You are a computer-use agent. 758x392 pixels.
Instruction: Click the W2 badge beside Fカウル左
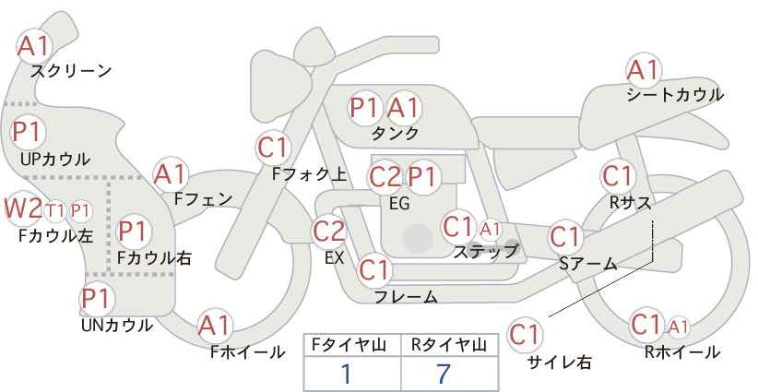[22, 208]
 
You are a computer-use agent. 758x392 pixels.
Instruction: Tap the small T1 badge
[54, 210]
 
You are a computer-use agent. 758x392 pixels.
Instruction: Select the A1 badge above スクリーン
[33, 46]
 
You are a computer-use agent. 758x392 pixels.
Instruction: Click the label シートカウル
[675, 95]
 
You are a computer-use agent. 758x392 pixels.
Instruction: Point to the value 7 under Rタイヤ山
[444, 374]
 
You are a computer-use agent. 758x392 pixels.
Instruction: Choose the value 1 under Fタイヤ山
[347, 374]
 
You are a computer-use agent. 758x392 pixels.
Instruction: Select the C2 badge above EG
[385, 177]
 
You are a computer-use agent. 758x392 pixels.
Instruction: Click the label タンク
[395, 134]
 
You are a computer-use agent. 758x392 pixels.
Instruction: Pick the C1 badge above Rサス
[618, 176]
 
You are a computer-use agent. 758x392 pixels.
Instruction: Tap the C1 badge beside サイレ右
[525, 335]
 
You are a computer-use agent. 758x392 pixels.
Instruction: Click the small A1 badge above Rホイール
[679, 327]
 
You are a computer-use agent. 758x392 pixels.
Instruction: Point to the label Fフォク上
[310, 174]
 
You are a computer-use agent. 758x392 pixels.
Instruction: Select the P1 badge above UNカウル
[97, 300]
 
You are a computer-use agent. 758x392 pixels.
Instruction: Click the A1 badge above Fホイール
[215, 326]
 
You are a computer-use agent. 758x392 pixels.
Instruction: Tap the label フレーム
[406, 297]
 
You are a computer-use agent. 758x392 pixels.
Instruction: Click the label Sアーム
[588, 264]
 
